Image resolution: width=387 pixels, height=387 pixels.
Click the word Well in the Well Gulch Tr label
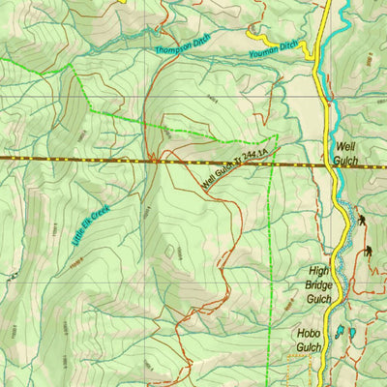[209, 181]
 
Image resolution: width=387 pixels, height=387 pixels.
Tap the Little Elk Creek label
[92, 225]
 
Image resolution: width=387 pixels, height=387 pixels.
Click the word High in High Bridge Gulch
[319, 273]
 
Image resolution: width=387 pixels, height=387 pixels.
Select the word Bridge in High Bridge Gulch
[319, 286]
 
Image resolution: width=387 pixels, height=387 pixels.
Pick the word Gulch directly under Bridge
[319, 300]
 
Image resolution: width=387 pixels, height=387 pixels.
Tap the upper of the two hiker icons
[361, 220]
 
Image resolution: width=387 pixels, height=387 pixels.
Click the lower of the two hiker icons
[369, 253]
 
